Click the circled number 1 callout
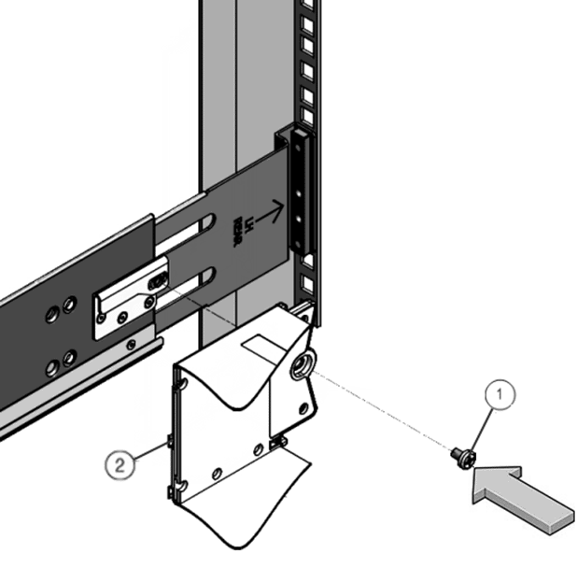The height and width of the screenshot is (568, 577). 500,396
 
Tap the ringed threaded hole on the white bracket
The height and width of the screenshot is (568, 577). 302,367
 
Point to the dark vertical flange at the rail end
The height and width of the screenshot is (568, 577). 297,192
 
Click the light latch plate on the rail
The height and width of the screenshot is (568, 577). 126,303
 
